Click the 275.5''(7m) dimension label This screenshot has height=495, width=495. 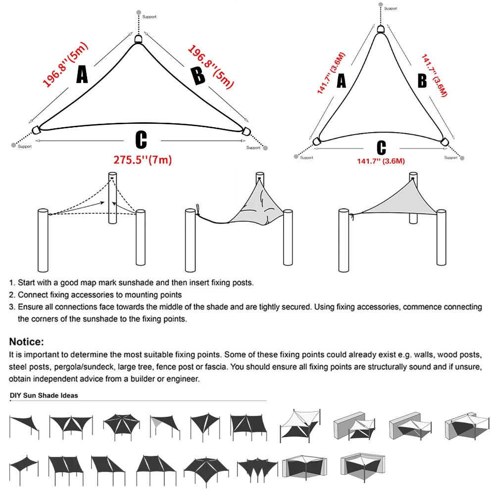[x=141, y=159]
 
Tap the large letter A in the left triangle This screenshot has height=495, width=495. [x=82, y=75]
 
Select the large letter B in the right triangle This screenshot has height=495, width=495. [x=422, y=80]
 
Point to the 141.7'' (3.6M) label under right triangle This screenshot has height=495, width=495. [x=381, y=161]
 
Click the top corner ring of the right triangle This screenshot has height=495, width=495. [x=380, y=29]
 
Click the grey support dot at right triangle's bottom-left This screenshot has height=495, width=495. [x=297, y=157]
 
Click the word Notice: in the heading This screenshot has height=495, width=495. [x=27, y=342]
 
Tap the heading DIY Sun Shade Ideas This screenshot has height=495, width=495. [x=44, y=396]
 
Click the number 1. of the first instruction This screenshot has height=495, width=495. [x=12, y=283]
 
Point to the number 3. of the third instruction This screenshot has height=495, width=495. [x=12, y=307]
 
